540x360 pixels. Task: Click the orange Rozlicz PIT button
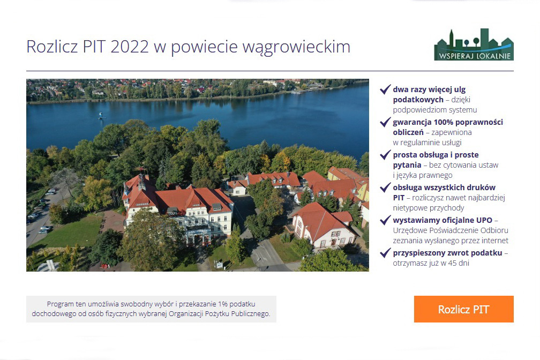point(463,309)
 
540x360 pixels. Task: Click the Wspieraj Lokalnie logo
point(474,45)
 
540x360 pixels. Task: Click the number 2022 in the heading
point(130,47)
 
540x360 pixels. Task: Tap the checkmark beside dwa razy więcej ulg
point(385,89)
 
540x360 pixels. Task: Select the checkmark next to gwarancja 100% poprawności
point(385,122)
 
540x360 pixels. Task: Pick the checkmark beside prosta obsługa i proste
point(385,155)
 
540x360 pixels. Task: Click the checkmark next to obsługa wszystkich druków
point(385,187)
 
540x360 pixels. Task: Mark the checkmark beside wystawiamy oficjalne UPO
point(385,220)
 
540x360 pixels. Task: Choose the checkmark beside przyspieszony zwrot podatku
point(385,253)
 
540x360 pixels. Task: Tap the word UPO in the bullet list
point(484,220)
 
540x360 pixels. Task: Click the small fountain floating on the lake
point(101,116)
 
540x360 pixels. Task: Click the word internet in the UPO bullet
point(495,241)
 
